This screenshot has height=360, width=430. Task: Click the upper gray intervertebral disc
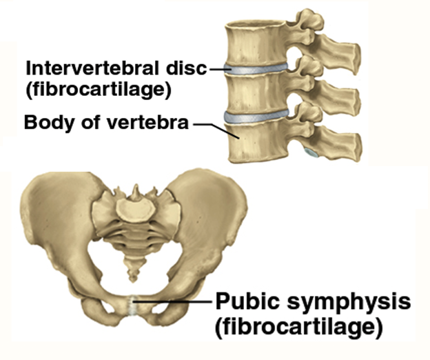coord(258,69)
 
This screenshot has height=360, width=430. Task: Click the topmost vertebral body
coord(256,41)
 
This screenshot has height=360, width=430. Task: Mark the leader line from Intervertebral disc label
coord(219,68)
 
